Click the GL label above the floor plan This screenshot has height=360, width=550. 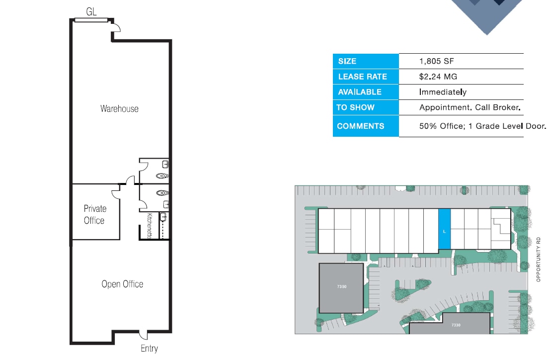[x=91, y=11]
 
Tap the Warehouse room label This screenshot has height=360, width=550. [x=119, y=108]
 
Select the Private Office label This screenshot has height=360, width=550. [x=94, y=214]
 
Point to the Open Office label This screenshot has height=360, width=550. [x=122, y=284]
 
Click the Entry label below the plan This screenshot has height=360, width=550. [x=149, y=349]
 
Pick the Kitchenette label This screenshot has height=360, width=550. [x=150, y=226]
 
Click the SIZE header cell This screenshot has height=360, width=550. [x=365, y=61]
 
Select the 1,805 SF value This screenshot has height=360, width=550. [x=437, y=61]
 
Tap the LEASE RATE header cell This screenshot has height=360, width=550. [x=365, y=77]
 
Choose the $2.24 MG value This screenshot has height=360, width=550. [x=438, y=77]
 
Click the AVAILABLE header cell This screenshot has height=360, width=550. [x=365, y=92]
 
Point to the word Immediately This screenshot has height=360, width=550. [x=443, y=92]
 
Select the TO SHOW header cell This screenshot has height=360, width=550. [x=365, y=107]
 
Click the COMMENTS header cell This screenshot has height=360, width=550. [x=365, y=126]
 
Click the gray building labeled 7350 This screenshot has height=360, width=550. [x=341, y=288]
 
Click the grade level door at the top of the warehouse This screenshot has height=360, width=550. [x=91, y=20]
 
